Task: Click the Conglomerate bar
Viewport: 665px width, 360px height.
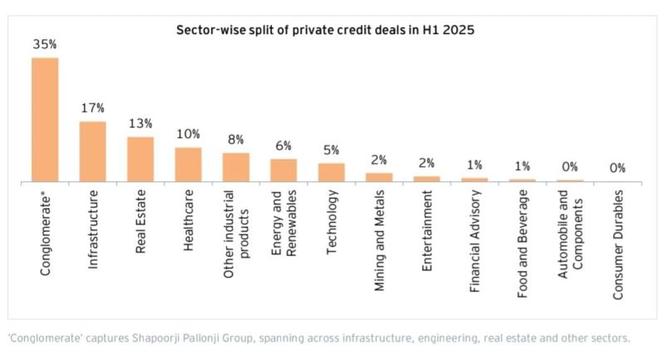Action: [45, 119]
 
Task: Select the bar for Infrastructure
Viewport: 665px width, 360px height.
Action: [92, 151]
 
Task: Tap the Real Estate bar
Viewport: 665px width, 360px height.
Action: [140, 159]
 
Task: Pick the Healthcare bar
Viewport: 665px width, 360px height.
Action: [188, 165]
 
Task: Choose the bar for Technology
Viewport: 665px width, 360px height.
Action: [331, 172]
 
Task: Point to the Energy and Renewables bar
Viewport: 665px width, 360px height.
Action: [283, 170]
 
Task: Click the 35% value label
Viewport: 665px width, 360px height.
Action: [44, 44]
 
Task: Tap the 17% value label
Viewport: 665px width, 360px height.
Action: [93, 108]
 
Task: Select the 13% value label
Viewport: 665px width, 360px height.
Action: [140, 123]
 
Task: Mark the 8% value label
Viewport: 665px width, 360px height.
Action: [236, 139]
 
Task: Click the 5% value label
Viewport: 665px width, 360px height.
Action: [331, 150]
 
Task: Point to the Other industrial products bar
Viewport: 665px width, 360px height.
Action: [236, 167]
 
